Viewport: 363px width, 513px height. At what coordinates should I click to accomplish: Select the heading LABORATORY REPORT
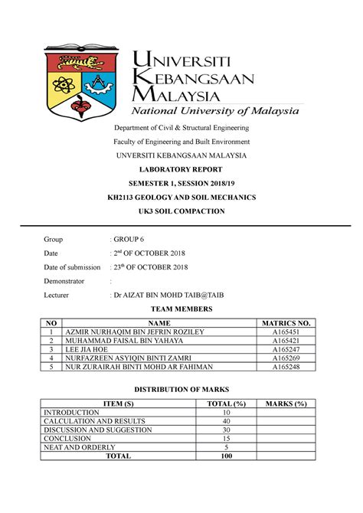click(181, 168)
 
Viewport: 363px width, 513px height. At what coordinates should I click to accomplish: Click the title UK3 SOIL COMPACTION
click(181, 211)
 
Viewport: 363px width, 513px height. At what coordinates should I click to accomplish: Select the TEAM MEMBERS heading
click(181, 309)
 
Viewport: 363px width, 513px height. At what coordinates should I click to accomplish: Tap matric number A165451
click(284, 332)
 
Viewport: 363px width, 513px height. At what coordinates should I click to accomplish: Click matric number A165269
click(284, 358)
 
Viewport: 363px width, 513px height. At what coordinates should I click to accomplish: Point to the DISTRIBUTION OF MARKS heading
click(181, 389)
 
